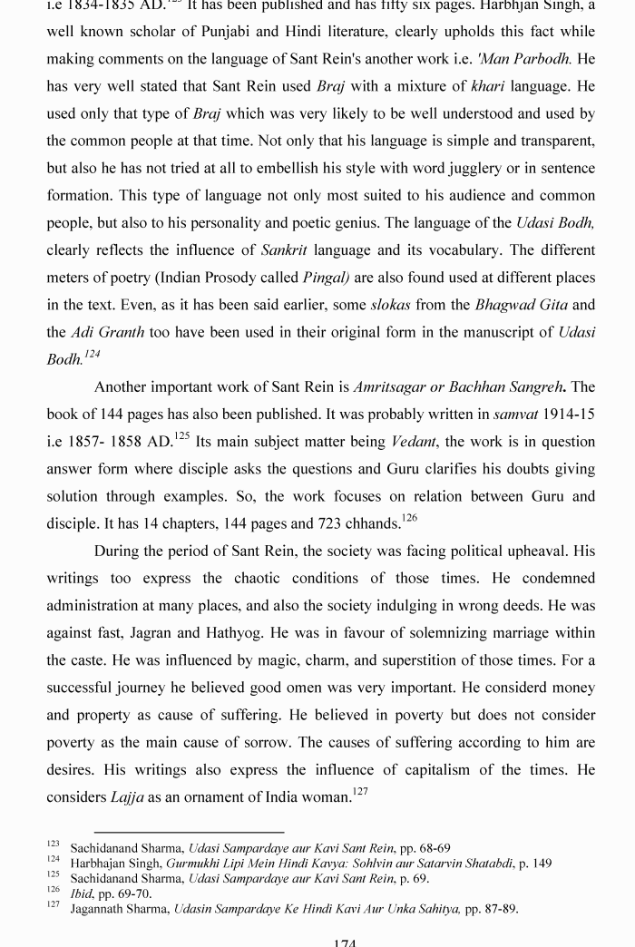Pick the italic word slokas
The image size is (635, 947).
pos(390,305)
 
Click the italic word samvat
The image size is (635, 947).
pos(515,415)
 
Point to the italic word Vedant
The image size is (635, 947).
pos(414,442)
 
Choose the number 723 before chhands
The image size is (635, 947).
pos(341,523)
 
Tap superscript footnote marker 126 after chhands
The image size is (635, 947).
pos(408,519)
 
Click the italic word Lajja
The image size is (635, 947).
pos(127,797)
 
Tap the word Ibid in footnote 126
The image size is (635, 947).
pos(83,893)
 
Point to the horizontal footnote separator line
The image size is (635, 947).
pos(189,831)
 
